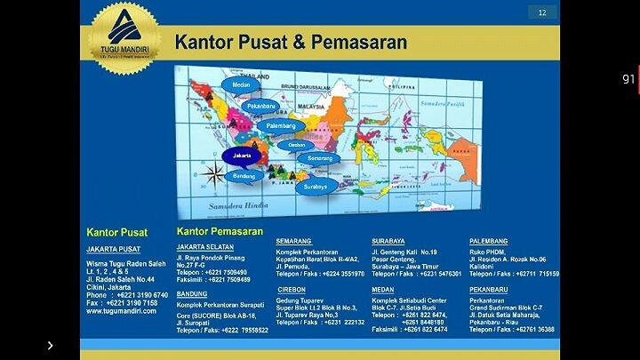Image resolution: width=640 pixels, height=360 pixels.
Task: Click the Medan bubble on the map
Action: click(241, 85)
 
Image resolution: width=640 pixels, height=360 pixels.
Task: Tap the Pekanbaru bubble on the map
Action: click(261, 106)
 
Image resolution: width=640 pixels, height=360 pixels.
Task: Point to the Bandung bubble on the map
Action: click(244, 176)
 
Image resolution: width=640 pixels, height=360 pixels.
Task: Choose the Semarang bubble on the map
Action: click(318, 158)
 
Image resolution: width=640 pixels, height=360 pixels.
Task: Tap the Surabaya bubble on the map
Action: click(316, 187)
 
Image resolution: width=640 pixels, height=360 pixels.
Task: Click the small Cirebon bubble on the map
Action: click(298, 145)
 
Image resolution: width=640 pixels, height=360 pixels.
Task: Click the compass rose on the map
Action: click(213, 175)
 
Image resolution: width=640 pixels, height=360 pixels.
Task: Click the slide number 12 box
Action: click(542, 12)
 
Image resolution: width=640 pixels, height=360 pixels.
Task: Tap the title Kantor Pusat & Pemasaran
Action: click(291, 43)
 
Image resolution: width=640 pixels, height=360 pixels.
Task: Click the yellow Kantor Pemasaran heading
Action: click(220, 231)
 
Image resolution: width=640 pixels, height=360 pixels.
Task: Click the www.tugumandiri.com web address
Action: click(121, 311)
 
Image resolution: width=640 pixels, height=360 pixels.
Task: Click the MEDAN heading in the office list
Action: click(383, 289)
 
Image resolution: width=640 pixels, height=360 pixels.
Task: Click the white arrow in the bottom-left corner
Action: click(50, 346)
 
